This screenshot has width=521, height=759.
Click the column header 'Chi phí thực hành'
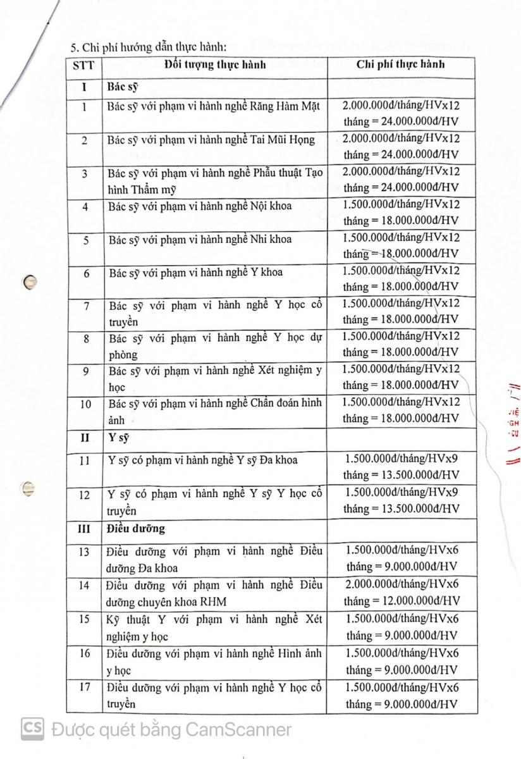[x=400, y=65]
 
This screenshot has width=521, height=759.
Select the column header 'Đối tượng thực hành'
[x=215, y=65]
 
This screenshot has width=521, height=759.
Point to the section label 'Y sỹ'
[x=119, y=437]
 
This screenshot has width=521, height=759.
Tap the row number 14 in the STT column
[x=84, y=585]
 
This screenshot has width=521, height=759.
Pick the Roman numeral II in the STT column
[x=84, y=437]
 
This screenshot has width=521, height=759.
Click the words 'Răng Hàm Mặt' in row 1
[x=288, y=107]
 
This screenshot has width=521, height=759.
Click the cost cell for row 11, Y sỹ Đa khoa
[x=400, y=467]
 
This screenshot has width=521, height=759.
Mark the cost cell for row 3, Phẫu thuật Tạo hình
[x=400, y=179]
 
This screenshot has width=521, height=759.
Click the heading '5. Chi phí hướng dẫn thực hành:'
[x=147, y=46]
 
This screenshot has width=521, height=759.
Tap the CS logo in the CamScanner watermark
[x=32, y=729]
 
